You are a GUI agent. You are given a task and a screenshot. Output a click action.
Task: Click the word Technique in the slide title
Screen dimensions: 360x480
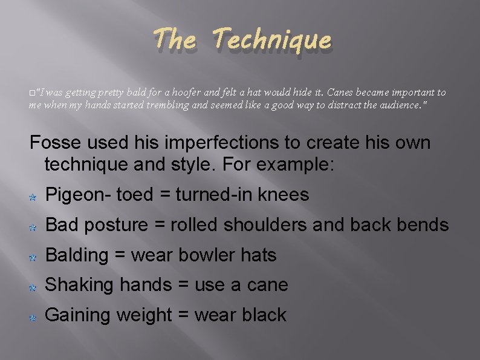[272, 41]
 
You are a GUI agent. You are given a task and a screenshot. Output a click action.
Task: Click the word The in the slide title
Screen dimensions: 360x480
[175, 41]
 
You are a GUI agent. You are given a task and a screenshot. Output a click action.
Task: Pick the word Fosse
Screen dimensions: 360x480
[55, 143]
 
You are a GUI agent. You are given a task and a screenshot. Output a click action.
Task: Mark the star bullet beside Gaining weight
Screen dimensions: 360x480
[34, 316]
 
